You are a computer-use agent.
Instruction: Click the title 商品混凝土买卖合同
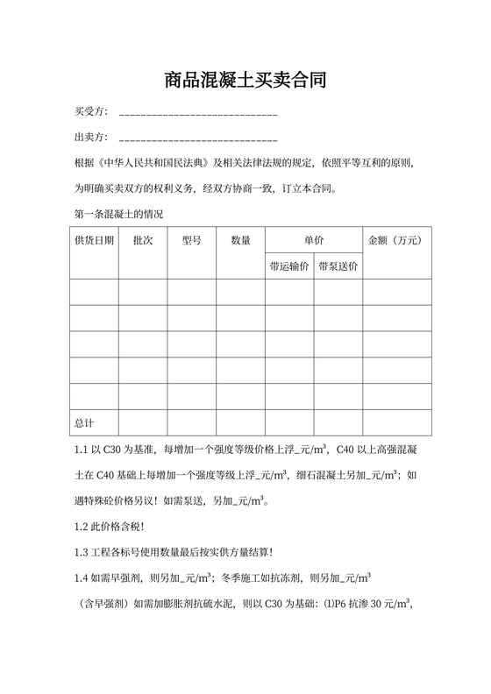[245, 81]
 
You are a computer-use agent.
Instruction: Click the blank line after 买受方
[198, 114]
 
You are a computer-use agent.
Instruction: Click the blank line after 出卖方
[198, 138]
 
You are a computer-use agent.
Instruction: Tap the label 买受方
[90, 113]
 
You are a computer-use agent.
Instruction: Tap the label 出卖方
[90, 138]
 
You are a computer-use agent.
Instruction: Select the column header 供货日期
[94, 240]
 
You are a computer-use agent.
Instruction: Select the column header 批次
[143, 240]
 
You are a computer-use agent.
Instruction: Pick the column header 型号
[191, 240]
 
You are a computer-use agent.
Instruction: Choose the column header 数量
[241, 240]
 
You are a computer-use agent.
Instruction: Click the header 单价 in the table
[314, 240]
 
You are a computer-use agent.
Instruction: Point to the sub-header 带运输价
[289, 266]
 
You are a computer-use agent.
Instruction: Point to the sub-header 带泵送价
[338, 266]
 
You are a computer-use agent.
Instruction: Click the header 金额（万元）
[397, 240]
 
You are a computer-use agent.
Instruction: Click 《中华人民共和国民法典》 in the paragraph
[154, 163]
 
